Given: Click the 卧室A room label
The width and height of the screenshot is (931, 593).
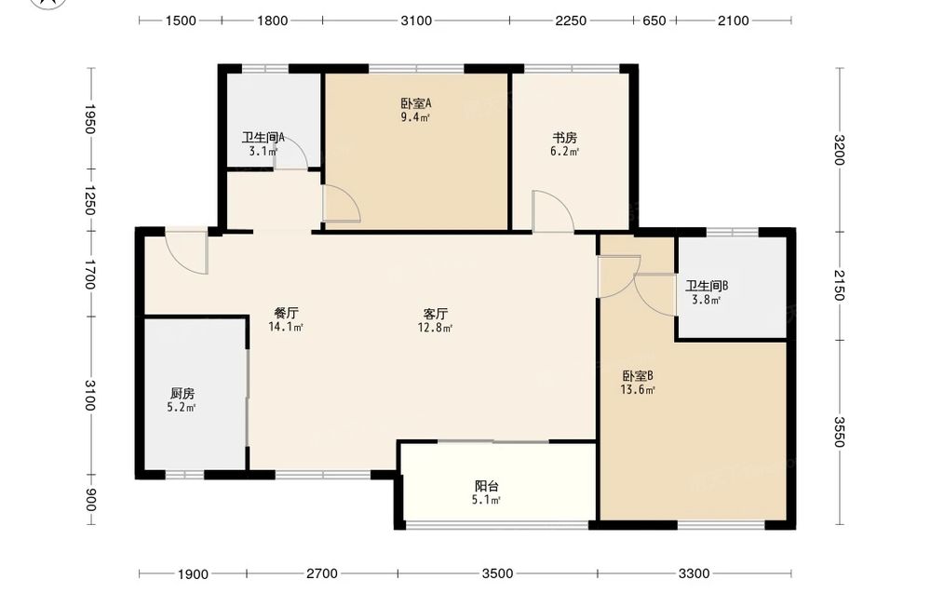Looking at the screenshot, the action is click(x=415, y=103).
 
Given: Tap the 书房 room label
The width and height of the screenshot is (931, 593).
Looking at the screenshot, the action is click(x=565, y=138).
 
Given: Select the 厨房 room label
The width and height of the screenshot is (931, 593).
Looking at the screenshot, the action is click(x=182, y=393).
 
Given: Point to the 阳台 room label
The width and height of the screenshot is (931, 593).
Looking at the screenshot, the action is click(x=487, y=486).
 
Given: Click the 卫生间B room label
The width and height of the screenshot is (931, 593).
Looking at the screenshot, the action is click(x=707, y=286).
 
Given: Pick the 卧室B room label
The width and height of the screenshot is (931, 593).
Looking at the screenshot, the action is click(x=638, y=376).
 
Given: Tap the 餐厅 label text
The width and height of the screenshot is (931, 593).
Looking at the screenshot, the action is click(x=286, y=313).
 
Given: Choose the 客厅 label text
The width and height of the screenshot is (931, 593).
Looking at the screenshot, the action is click(x=435, y=313).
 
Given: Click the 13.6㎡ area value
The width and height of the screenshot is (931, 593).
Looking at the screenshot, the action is click(x=638, y=390).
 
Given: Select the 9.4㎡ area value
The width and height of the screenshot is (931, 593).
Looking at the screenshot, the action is click(x=415, y=117).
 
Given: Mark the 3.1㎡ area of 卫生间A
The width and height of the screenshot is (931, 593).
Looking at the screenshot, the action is click(x=263, y=152).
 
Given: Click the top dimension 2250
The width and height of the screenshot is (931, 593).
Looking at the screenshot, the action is click(x=571, y=20).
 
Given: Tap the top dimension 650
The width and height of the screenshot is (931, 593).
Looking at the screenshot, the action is click(x=654, y=20).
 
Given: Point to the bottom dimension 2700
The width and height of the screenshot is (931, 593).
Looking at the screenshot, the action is click(x=322, y=573).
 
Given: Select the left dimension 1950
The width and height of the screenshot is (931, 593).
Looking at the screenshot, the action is click(x=89, y=119).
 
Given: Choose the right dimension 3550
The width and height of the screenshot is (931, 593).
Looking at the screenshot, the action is click(x=839, y=432).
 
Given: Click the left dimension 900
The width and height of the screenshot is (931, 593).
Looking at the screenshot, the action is click(x=89, y=500).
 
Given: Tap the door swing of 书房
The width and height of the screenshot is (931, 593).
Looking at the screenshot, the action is click(x=553, y=211).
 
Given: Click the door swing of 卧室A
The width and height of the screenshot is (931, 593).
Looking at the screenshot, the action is click(x=342, y=204).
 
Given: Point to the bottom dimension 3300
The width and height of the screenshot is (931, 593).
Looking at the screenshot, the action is click(x=694, y=573).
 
